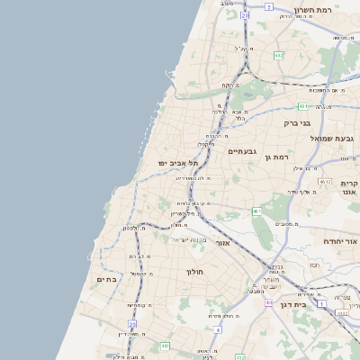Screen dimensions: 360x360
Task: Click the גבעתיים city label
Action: coord(243,151)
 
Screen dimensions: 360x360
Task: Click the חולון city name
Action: coord(194,272)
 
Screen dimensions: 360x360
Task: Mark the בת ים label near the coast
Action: coord(107,280)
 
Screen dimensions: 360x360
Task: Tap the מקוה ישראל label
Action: coord(191,239)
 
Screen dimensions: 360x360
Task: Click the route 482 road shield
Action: coord(279,55)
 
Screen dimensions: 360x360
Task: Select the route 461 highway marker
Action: coord(256,211)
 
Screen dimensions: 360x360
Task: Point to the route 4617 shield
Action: coord(325,182)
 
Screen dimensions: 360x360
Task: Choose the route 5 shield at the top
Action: coord(268,6)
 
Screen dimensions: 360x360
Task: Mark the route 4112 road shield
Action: coord(342,312)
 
